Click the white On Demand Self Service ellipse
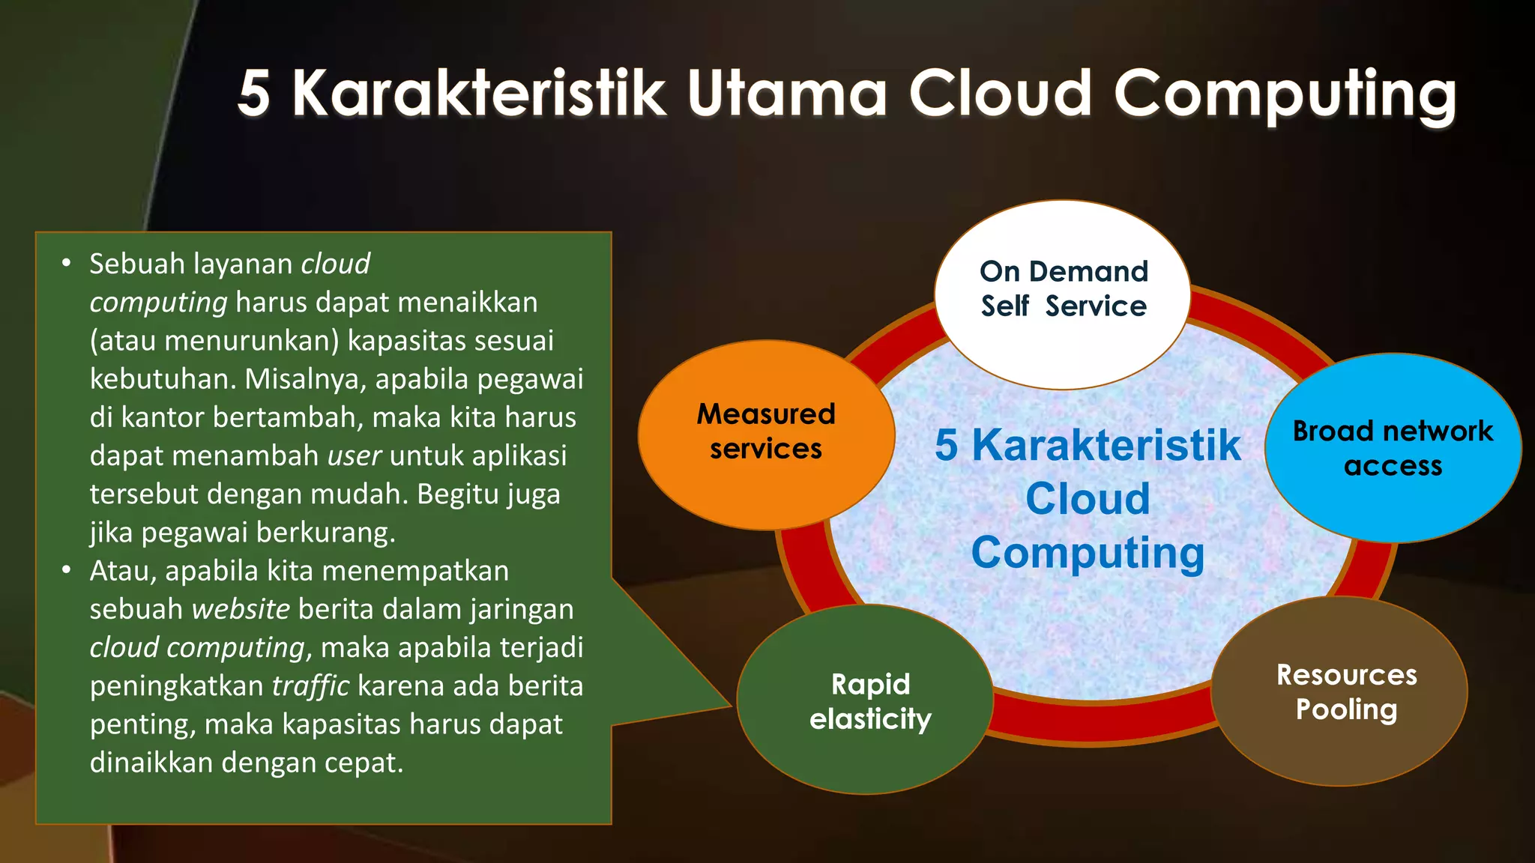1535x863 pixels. [1062, 294]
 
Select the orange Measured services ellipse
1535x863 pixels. [766, 434]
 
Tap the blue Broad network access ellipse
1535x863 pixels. [1393, 448]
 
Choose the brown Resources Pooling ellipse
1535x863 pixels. [1339, 691]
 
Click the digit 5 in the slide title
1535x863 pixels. [254, 94]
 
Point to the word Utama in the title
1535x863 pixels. [787, 94]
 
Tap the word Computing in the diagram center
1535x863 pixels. [1088, 553]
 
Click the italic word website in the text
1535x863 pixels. [241, 609]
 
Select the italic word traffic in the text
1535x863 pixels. [310, 685]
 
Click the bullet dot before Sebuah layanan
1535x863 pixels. [67, 264]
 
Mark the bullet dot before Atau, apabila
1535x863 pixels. [67, 571]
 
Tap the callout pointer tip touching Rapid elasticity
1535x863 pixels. [729, 705]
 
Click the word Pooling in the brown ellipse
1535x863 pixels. [1346, 709]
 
